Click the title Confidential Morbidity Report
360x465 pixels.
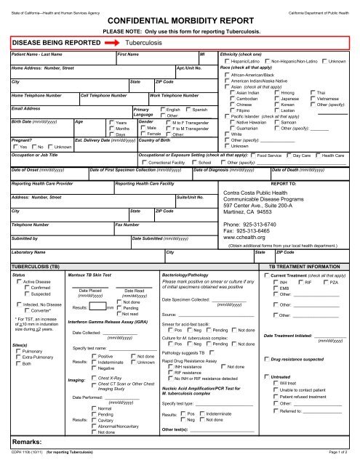[x=180, y=20]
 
